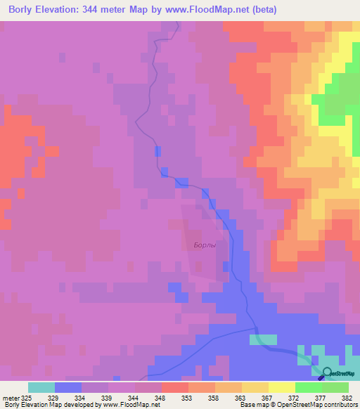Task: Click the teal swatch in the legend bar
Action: (x=41, y=387)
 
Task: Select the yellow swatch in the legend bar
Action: (x=281, y=387)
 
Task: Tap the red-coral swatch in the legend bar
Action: (x=174, y=387)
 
